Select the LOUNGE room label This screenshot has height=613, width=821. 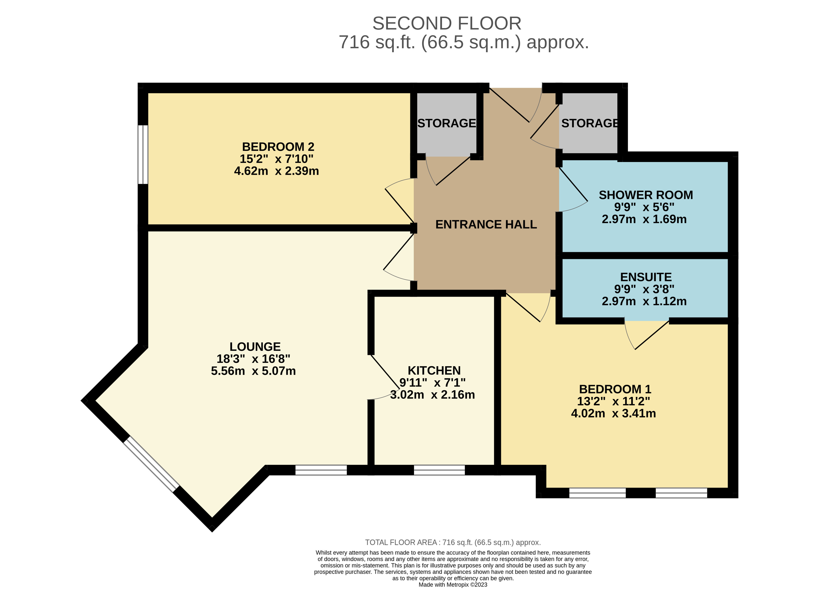(x=255, y=346)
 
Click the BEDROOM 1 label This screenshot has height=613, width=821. (x=615, y=389)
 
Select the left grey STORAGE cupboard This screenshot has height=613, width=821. (x=447, y=124)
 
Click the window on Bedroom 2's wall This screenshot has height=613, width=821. (x=143, y=154)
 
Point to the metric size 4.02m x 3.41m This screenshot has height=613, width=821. (x=613, y=413)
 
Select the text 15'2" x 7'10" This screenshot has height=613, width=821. (x=276, y=159)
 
